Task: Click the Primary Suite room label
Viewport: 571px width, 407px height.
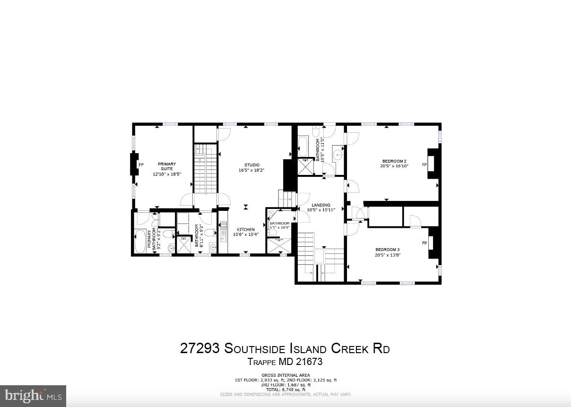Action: coord(166,166)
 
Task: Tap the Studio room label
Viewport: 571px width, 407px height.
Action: coord(249,165)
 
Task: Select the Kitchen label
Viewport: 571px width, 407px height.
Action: coord(245,230)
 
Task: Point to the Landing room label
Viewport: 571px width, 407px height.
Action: coord(321,205)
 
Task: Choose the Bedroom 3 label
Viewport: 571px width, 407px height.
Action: coord(388,250)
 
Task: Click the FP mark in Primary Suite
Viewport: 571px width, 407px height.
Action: coord(141,165)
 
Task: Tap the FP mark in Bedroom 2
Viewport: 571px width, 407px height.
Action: coord(424,165)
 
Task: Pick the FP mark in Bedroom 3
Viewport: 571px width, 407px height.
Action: coord(424,243)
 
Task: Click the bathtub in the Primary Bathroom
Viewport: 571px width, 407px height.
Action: coord(140,241)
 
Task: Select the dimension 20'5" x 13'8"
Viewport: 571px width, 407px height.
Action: coord(388,255)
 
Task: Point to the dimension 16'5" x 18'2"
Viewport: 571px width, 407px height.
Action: coord(249,170)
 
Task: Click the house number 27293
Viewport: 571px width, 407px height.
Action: coord(199,349)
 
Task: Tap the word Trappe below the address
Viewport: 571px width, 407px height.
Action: coord(262,362)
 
